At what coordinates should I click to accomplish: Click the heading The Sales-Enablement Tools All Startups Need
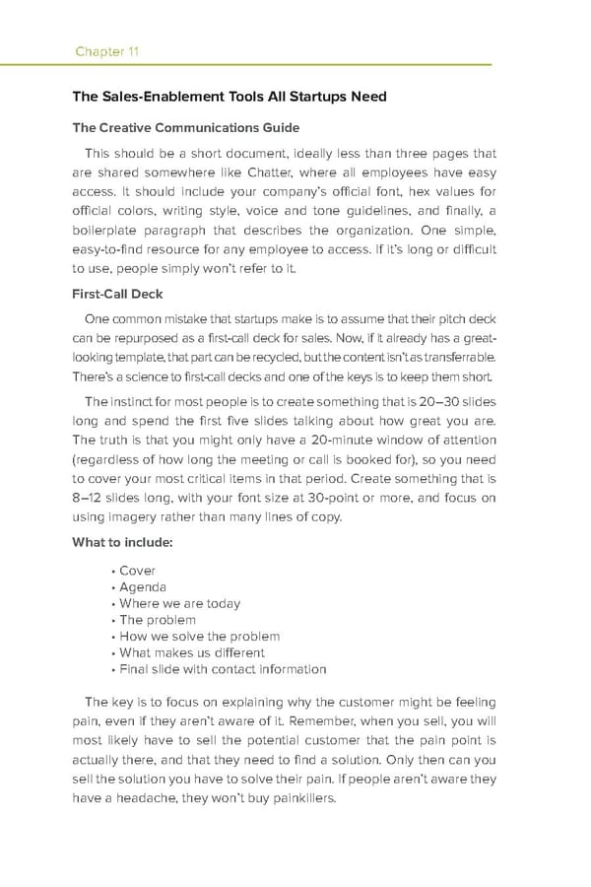point(230,97)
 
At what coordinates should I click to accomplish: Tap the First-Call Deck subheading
point(118,294)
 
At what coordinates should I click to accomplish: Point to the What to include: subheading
point(123,542)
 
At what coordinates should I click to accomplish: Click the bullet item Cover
point(137,571)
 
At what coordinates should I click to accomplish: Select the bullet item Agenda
point(143,587)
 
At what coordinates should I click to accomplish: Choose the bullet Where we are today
point(179,603)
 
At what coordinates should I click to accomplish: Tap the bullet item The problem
point(158,620)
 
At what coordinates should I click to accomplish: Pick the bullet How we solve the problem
point(199,637)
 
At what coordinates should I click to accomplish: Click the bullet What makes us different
point(191,652)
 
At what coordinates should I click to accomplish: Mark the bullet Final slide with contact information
point(223,669)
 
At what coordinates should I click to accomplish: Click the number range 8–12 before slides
point(91,501)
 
